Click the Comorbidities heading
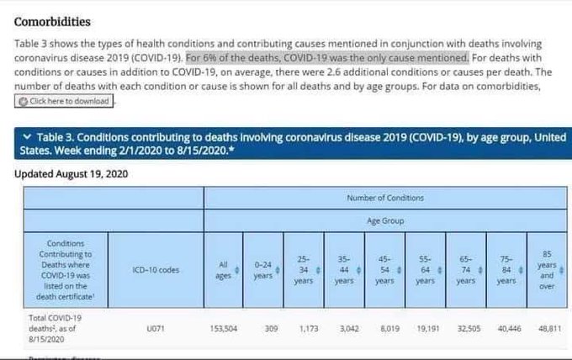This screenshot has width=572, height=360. (52, 21)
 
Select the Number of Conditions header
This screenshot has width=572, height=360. (385, 198)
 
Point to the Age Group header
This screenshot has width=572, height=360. (385, 221)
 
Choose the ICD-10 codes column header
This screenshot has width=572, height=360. (155, 269)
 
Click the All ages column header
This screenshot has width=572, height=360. (222, 269)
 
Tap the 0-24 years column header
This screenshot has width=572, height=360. (263, 269)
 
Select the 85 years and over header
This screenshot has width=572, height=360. (548, 269)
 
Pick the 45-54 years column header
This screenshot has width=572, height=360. (384, 269)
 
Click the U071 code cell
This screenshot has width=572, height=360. (155, 330)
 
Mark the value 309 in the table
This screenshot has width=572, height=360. (271, 330)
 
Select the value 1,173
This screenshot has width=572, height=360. (306, 330)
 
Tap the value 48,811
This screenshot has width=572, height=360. (549, 330)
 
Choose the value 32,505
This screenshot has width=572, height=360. (468, 330)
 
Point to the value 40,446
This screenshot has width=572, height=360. (509, 330)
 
